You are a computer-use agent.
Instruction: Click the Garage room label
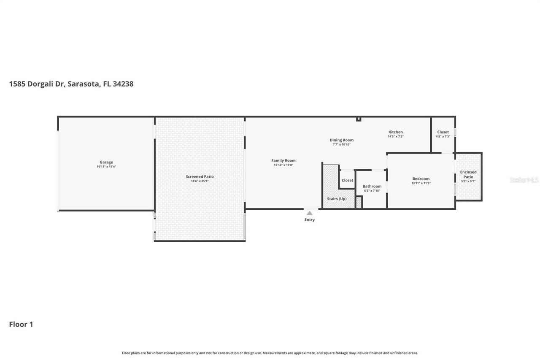click(106, 162)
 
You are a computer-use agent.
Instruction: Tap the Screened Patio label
click(200, 176)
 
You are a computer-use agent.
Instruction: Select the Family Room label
click(283, 160)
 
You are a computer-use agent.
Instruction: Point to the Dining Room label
click(341, 140)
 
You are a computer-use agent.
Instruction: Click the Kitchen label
click(396, 132)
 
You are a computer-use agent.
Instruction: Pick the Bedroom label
click(421, 179)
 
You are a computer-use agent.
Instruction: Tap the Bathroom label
click(372, 186)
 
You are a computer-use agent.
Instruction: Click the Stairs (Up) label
click(337, 198)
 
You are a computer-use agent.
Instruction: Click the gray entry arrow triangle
click(310, 213)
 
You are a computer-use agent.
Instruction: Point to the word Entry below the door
click(310, 220)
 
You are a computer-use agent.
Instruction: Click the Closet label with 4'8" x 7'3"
click(443, 132)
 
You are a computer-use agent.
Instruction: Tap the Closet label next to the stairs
click(348, 180)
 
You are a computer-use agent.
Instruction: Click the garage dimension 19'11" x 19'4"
click(106, 167)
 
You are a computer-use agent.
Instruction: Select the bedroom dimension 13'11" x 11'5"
click(421, 183)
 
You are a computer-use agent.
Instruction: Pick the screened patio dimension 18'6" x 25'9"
click(200, 181)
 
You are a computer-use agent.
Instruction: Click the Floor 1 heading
click(21, 324)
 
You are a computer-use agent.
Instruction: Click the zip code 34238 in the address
click(123, 84)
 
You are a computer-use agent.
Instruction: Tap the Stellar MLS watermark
click(524, 180)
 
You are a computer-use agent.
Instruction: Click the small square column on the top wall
click(359, 119)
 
